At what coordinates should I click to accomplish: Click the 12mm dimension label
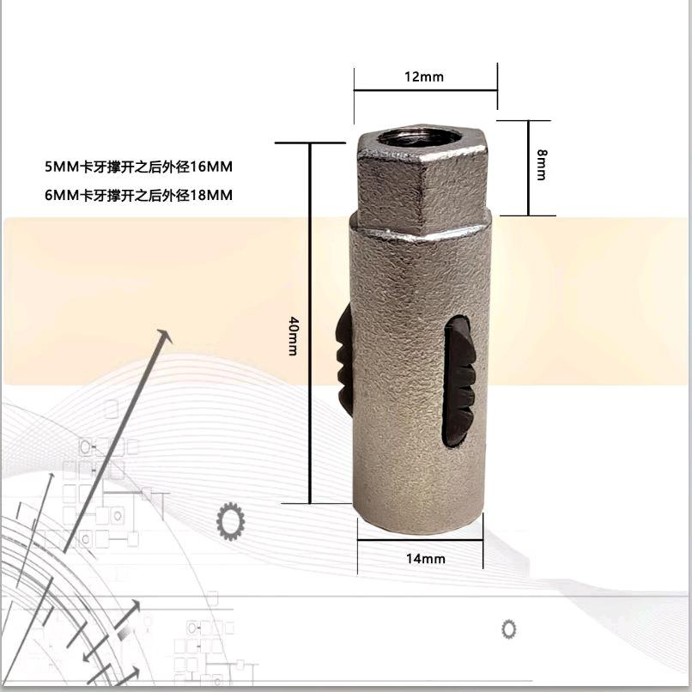(424, 76)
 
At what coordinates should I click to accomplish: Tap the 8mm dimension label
(542, 165)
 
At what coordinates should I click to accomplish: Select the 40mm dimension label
(293, 336)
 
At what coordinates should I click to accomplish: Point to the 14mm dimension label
(426, 559)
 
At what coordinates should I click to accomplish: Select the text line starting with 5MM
(138, 167)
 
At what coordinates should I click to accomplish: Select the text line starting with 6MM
(138, 195)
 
